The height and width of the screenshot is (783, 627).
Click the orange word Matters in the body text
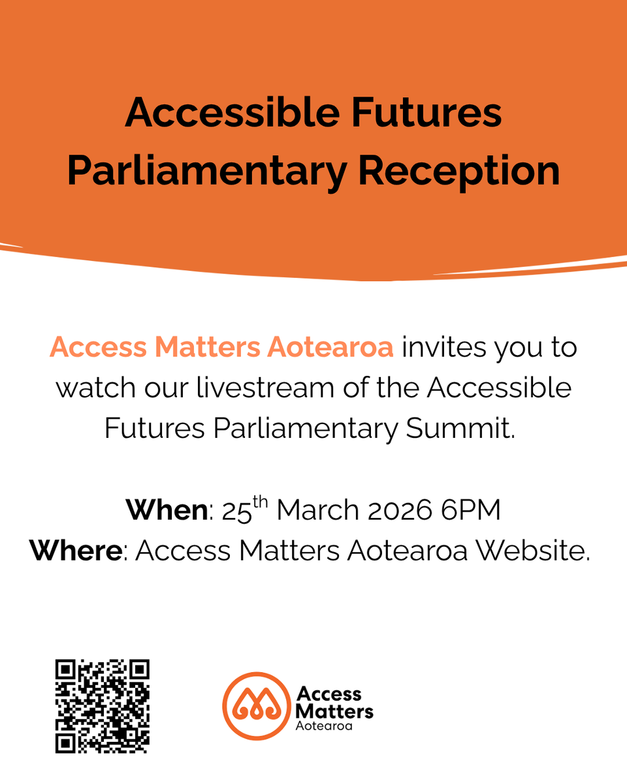[210, 348]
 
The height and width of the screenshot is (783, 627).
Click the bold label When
[166, 510]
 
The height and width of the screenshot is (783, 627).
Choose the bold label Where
[75, 551]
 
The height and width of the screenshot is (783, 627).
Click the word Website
[532, 551]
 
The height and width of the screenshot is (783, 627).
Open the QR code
[102, 706]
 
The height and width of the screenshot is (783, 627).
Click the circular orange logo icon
[255, 705]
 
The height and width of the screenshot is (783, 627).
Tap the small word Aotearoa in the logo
[324, 726]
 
